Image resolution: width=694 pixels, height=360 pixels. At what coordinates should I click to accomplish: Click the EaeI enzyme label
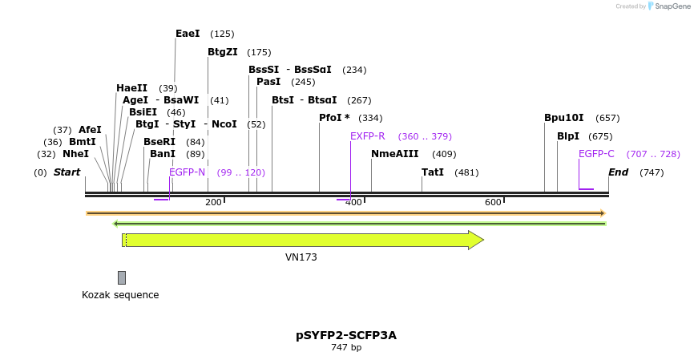[188, 34]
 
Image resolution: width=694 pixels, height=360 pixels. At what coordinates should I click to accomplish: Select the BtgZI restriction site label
[223, 52]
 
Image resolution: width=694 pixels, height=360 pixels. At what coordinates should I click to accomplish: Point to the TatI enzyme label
[433, 172]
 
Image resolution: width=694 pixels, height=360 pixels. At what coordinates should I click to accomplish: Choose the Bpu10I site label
[564, 118]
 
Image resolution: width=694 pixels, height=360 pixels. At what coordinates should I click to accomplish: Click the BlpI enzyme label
[568, 136]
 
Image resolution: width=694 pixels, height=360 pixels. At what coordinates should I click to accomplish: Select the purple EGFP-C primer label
[596, 154]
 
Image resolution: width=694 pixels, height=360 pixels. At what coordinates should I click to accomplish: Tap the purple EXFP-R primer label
[368, 136]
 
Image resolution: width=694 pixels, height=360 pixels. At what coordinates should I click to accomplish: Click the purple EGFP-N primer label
[188, 172]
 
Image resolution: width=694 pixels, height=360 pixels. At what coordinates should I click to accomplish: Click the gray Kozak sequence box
[122, 277]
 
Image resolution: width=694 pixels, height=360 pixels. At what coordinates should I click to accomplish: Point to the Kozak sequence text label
[120, 295]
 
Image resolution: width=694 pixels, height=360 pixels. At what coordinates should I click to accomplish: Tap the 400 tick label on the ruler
[353, 202]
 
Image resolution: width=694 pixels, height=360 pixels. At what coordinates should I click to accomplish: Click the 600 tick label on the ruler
[493, 202]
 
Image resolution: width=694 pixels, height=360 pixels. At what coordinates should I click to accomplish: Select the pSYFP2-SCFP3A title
[346, 335]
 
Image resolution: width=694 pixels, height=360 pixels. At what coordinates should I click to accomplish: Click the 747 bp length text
[346, 348]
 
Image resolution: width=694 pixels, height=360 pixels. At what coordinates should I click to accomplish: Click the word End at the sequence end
[618, 172]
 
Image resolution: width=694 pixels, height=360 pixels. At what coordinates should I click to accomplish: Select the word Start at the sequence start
[67, 172]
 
